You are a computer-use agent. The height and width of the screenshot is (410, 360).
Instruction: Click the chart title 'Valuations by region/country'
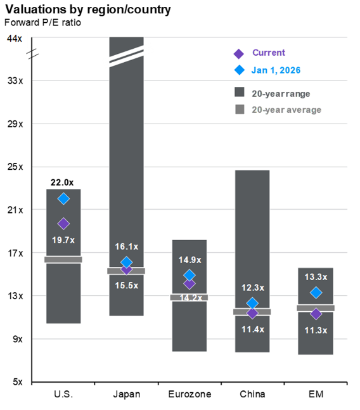88,10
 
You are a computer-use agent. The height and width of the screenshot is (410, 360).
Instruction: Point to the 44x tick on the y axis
14,38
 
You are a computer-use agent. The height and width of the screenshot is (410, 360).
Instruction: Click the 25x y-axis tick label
14,167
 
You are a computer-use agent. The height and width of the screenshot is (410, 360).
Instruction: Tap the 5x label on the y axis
16,382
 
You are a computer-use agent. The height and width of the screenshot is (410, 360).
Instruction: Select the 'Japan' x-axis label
126,395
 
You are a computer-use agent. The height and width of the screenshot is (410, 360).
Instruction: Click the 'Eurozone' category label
189,395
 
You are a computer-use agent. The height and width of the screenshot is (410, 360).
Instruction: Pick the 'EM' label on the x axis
316,395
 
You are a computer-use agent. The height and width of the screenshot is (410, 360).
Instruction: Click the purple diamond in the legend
239,53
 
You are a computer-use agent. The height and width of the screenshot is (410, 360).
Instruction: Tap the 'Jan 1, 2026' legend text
276,70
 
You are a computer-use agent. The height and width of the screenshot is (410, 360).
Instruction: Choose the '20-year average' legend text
286,110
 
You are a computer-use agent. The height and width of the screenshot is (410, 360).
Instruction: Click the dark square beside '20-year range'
240,93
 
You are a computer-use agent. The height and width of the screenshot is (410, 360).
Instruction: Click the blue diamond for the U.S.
63,199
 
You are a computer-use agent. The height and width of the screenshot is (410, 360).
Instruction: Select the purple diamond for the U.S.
63,224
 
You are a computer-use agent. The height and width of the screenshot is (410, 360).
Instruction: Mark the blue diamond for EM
316,293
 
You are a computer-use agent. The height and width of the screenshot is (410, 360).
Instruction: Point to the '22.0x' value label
63,183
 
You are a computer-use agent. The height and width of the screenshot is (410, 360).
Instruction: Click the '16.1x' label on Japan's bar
126,247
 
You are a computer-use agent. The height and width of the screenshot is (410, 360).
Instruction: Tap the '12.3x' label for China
252,288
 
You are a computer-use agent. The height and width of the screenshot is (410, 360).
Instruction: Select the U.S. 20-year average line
63,259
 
